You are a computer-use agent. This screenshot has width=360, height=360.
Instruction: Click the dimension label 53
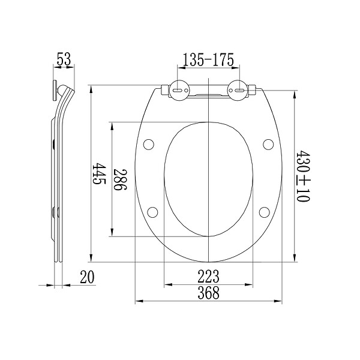coord(64,59)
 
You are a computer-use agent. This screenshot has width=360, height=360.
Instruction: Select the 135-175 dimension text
coord(208,59)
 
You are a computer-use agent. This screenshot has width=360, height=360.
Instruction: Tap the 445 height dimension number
coord(99,173)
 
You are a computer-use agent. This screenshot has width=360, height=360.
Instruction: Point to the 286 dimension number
coord(121,180)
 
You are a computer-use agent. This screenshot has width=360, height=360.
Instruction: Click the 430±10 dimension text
coord(303,176)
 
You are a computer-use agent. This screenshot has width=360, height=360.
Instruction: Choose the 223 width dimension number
coord(208,277)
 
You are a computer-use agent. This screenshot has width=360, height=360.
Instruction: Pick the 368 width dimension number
coord(208,293)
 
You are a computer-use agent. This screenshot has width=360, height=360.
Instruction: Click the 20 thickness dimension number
coord(87,277)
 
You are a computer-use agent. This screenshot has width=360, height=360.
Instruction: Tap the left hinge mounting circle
coord(179,90)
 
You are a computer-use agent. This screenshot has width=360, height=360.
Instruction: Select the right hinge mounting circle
coord(238,90)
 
